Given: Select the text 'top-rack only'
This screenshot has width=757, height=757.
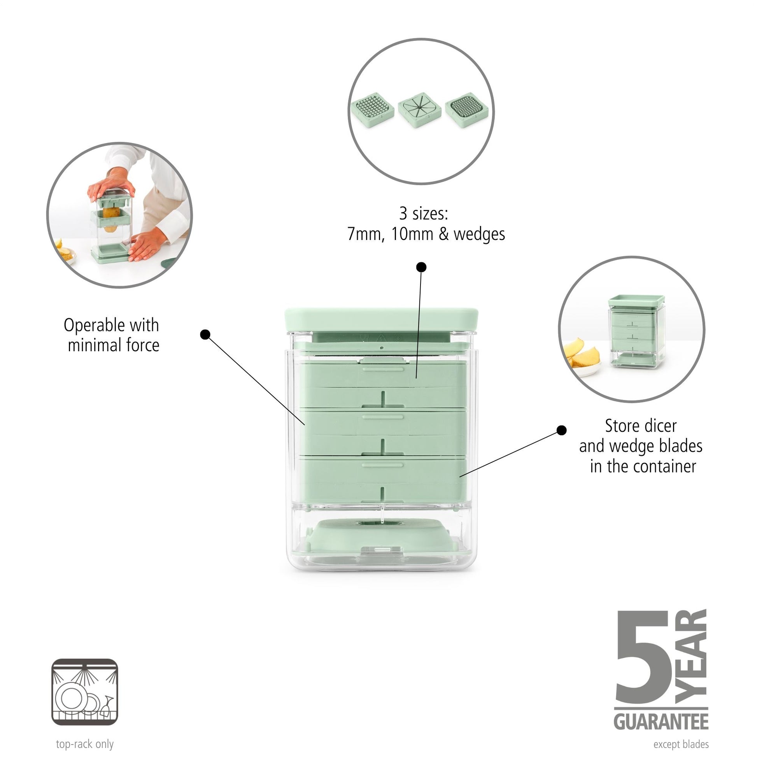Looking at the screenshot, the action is (x=85, y=744).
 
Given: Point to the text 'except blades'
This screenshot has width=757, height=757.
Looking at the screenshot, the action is (x=681, y=744).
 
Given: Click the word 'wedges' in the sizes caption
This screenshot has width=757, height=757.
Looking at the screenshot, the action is (x=479, y=234).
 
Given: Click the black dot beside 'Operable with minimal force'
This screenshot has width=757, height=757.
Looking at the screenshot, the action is (x=205, y=334).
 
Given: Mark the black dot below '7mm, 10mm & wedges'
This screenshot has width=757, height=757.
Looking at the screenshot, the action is (x=421, y=267).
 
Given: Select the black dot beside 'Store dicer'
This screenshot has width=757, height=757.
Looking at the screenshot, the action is (x=561, y=430).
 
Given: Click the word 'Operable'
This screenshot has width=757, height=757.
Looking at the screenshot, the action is (x=95, y=325).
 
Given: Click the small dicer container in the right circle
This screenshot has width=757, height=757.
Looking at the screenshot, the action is (x=637, y=331).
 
